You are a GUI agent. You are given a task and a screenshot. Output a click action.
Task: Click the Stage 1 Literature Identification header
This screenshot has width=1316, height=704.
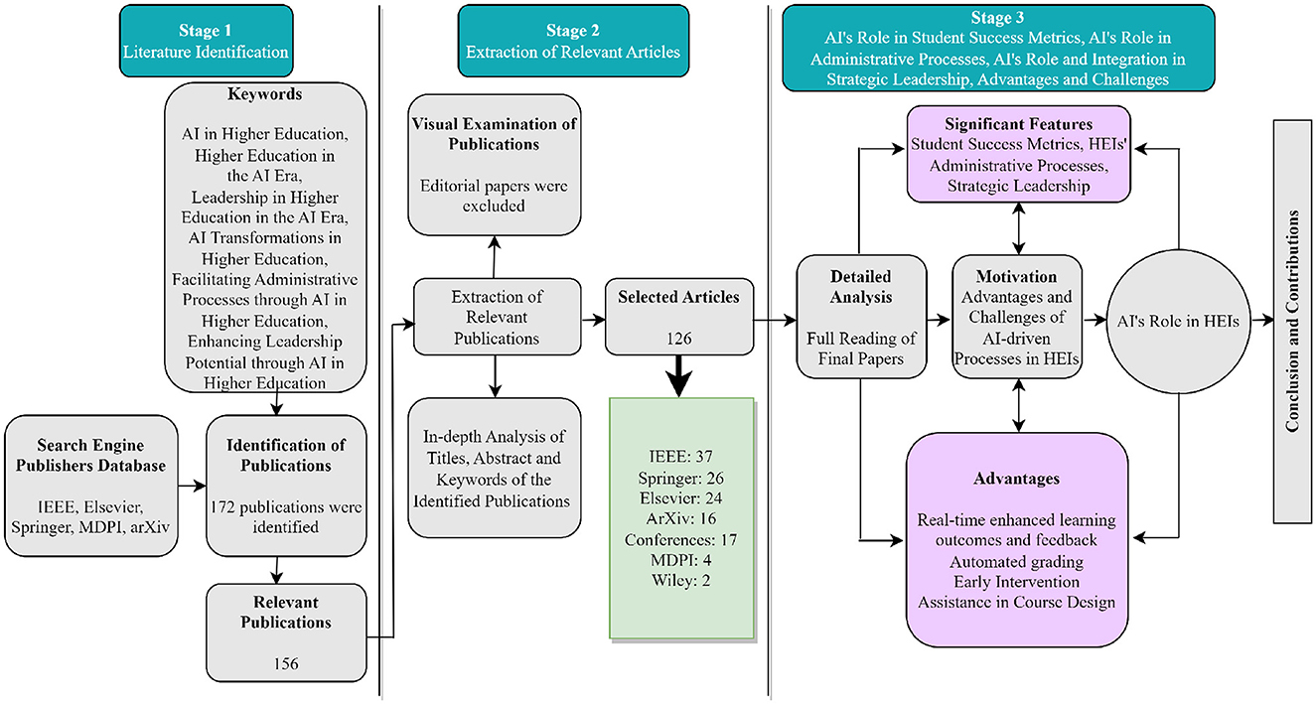[207, 41]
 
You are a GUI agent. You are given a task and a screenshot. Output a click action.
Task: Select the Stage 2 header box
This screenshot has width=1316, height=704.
[573, 41]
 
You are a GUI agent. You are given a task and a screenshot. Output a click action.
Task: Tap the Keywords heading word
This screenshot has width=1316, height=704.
[265, 94]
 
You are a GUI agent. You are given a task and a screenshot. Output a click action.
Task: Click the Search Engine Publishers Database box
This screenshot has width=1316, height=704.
[91, 486]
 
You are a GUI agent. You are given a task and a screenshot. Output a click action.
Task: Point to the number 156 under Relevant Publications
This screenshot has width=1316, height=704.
[286, 663]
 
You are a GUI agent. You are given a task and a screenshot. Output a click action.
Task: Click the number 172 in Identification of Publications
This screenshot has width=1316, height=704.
[222, 506]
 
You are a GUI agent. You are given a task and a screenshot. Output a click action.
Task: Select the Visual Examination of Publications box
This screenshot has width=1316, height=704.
[494, 165]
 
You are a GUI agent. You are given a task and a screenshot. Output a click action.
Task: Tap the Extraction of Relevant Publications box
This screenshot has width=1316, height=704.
[497, 317]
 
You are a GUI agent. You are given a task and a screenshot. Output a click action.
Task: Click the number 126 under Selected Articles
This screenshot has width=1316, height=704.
[679, 339]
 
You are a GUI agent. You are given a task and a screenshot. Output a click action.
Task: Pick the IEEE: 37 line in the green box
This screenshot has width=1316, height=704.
[680, 456]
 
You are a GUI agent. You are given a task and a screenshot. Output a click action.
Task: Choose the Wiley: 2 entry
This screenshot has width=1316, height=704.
[680, 580]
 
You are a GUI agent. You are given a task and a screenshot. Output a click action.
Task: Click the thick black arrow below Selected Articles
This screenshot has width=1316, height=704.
[679, 376]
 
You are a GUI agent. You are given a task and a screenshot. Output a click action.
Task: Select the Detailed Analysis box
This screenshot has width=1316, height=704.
[861, 317]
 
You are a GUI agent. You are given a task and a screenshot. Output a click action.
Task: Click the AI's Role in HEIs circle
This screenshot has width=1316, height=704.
[1179, 321]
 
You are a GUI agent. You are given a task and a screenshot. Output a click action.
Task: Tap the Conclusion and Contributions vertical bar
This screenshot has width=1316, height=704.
[1292, 321]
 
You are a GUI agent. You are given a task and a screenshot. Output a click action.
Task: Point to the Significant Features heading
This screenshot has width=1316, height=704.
[1018, 124]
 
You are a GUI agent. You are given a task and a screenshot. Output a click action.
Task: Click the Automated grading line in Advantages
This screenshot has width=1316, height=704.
[1016, 561]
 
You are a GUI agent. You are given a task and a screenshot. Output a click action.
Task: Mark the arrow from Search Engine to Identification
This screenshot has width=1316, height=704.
[192, 486]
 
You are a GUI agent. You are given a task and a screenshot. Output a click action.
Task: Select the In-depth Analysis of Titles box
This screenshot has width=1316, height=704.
[494, 468]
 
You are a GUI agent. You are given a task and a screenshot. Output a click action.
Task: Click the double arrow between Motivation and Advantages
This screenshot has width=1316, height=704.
[1018, 405]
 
